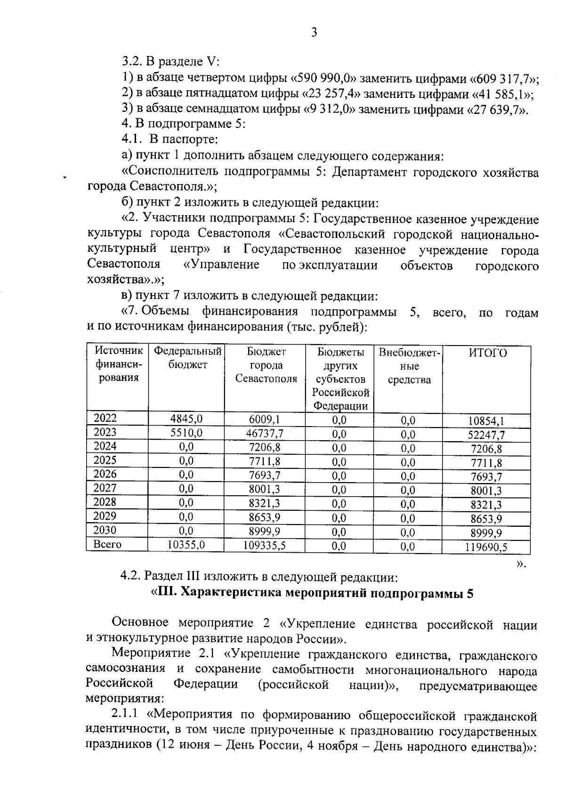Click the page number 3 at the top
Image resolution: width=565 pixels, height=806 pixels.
pos(314,32)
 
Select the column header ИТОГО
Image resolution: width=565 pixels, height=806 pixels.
pos(487,353)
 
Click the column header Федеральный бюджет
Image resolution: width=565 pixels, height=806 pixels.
pos(187,358)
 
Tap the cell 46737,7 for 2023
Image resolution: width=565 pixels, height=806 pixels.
pos(265,433)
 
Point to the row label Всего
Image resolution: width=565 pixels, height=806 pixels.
pos(107,545)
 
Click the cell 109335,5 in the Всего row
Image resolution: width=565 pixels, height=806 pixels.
pos(265,545)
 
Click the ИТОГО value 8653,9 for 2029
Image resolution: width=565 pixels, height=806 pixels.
pos(487,519)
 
